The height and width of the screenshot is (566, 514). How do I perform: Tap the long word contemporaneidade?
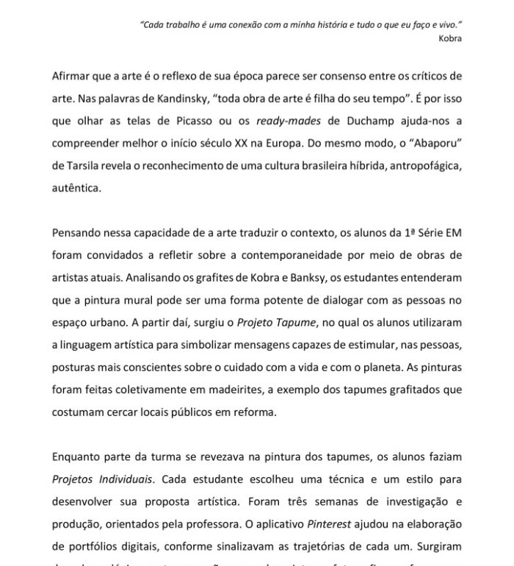click(308, 255)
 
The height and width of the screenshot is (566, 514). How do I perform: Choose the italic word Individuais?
click(123, 479)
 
